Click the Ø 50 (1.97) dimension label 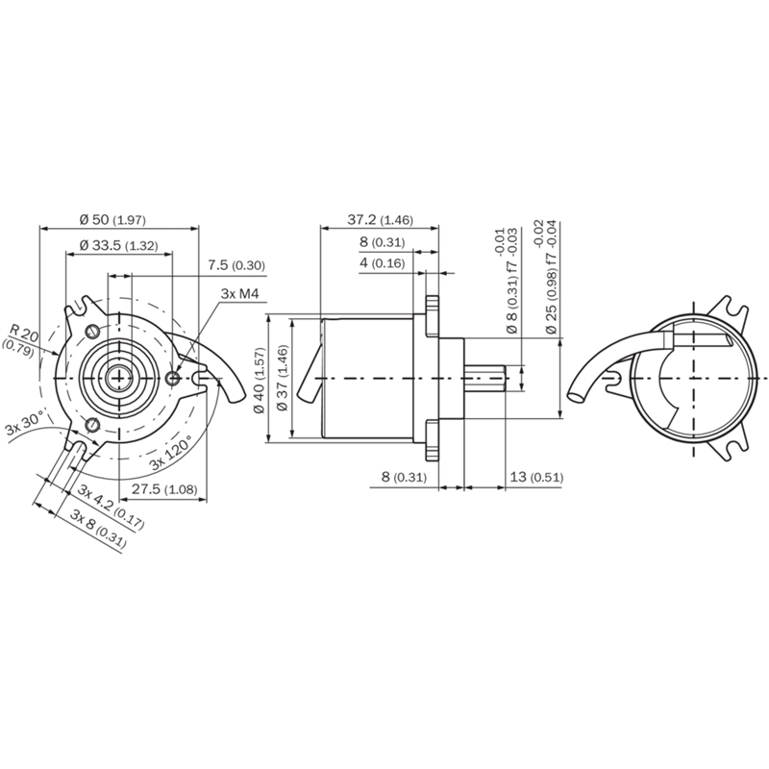pyautogui.click(x=112, y=220)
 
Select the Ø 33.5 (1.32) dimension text pyautogui.click(x=118, y=245)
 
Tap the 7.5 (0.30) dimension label pyautogui.click(x=236, y=266)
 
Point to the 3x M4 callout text pyautogui.click(x=239, y=294)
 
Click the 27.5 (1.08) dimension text pyautogui.click(x=164, y=489)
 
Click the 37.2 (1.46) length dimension pyautogui.click(x=381, y=220)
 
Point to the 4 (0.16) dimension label pyautogui.click(x=383, y=263)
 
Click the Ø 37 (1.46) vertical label pyautogui.click(x=282, y=378)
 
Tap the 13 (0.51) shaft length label pyautogui.click(x=536, y=477)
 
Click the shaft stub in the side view pyautogui.click(x=484, y=378)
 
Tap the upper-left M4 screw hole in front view pyautogui.click(x=91, y=332)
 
